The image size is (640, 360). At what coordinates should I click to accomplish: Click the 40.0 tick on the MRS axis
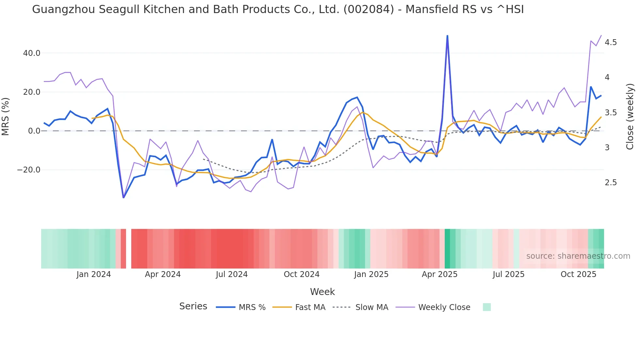pyautogui.click(x=31, y=53)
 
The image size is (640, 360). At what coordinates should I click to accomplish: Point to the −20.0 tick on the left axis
pyautogui.click(x=29, y=170)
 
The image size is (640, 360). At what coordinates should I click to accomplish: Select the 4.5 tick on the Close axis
pyautogui.click(x=611, y=42)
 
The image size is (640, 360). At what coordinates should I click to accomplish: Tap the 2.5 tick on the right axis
pyautogui.click(x=611, y=183)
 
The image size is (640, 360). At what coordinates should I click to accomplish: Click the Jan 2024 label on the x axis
pyautogui.click(x=94, y=274)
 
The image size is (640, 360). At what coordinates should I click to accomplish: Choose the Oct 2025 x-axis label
pyautogui.click(x=578, y=274)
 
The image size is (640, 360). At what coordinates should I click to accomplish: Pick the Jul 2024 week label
pyautogui.click(x=232, y=274)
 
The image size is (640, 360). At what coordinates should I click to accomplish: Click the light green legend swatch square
pyautogui.click(x=487, y=307)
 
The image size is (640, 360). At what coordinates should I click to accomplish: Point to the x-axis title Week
pyautogui.click(x=322, y=292)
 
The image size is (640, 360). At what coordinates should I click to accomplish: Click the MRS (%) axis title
pyautogui.click(x=6, y=117)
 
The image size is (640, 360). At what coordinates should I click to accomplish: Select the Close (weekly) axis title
pyautogui.click(x=630, y=117)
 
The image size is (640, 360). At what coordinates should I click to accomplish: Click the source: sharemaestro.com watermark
pyautogui.click(x=578, y=256)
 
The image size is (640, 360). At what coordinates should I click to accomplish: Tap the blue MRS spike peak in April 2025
pyautogui.click(x=447, y=36)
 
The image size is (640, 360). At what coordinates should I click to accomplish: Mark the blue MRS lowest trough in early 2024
pyautogui.click(x=123, y=197)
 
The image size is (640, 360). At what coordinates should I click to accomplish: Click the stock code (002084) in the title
pyautogui.click(x=369, y=9)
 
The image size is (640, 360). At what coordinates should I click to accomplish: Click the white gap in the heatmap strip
pyautogui.click(x=129, y=249)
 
